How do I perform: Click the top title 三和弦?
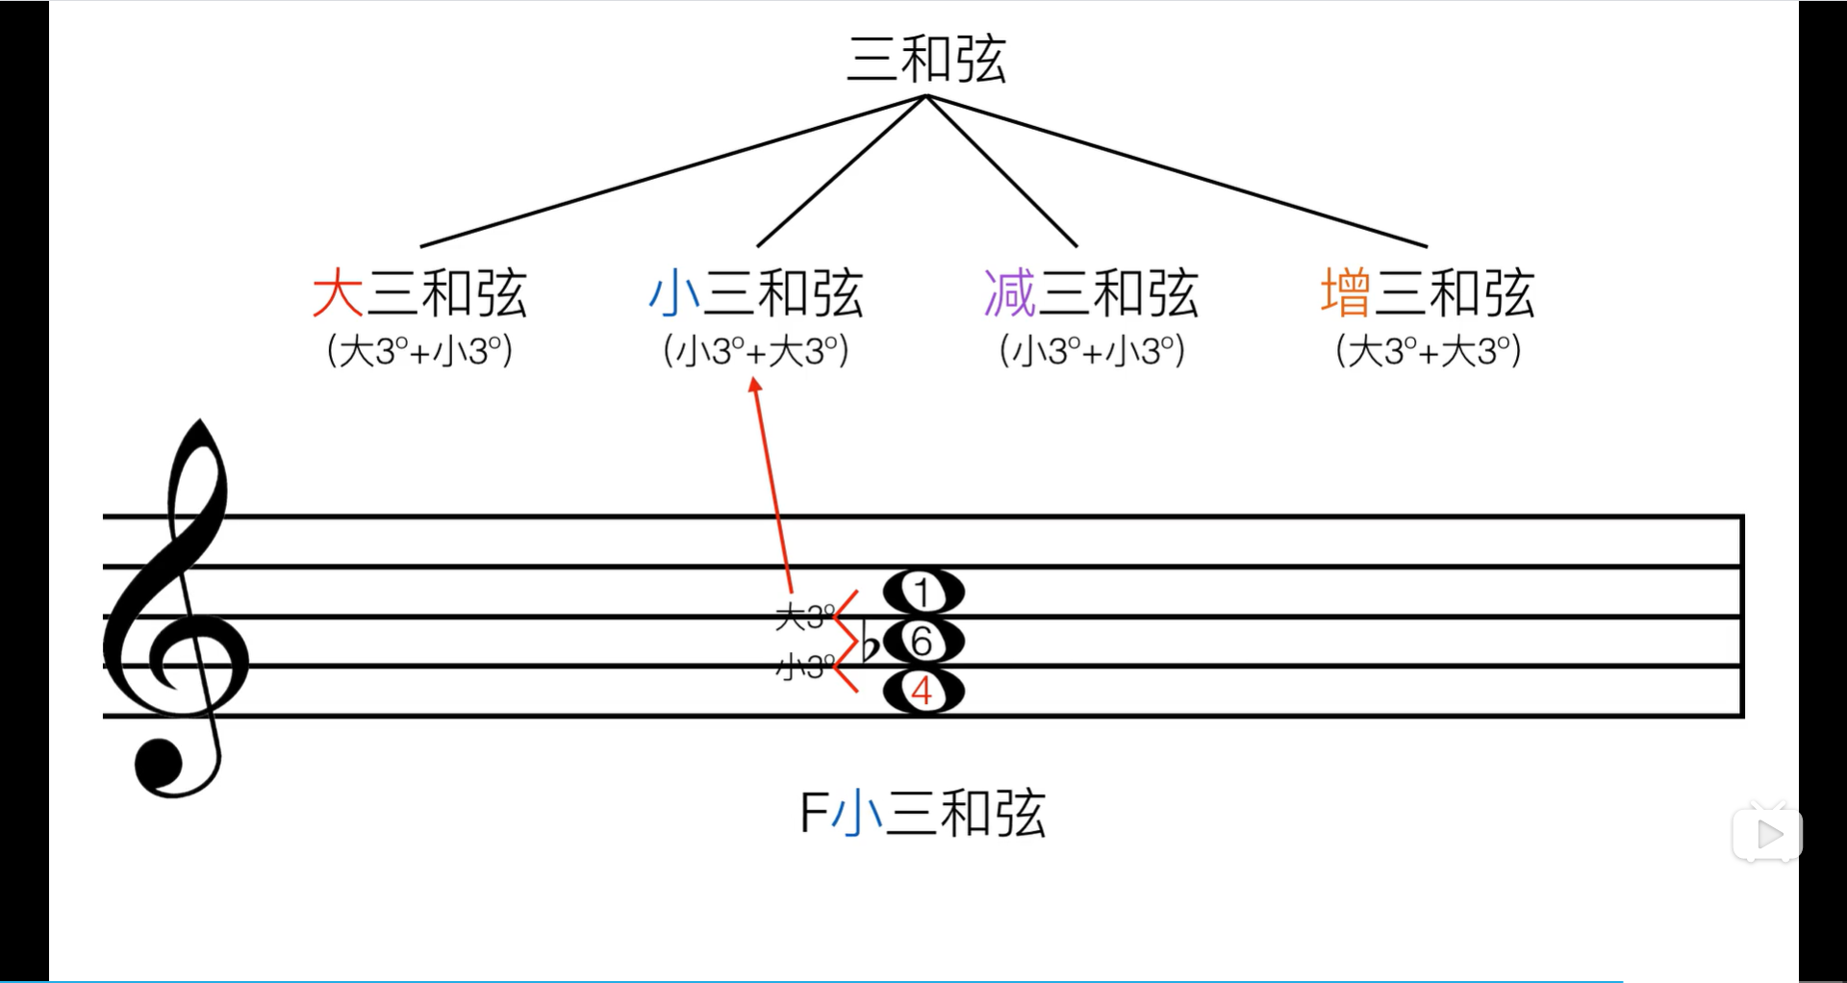(925, 60)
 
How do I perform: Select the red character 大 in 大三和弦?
(338, 293)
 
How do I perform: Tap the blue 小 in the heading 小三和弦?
(673, 293)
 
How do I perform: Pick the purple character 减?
(1009, 293)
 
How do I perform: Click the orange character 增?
(1345, 293)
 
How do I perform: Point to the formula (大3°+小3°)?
(419, 351)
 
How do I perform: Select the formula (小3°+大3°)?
(756, 351)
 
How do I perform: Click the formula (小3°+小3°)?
(1092, 351)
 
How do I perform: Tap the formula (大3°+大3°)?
(1429, 351)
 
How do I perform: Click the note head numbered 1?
(923, 592)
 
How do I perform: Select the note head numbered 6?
(923, 642)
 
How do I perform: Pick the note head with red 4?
(923, 692)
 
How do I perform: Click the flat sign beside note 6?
(870, 643)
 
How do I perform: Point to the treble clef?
(178, 616)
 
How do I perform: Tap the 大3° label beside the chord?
(804, 617)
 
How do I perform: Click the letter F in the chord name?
(813, 814)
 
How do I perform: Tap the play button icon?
(1768, 834)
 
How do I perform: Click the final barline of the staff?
(1741, 616)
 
